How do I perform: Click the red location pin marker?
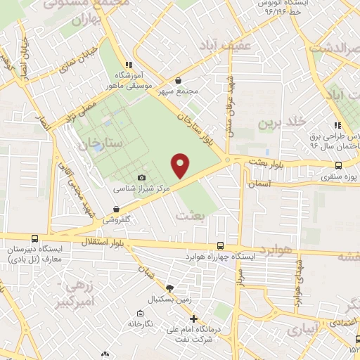(x=181, y=166)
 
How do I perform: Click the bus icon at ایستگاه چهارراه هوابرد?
(x=221, y=245)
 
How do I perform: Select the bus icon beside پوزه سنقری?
(x=339, y=165)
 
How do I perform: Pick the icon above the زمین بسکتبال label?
(x=169, y=288)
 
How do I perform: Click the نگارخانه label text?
(x=141, y=324)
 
